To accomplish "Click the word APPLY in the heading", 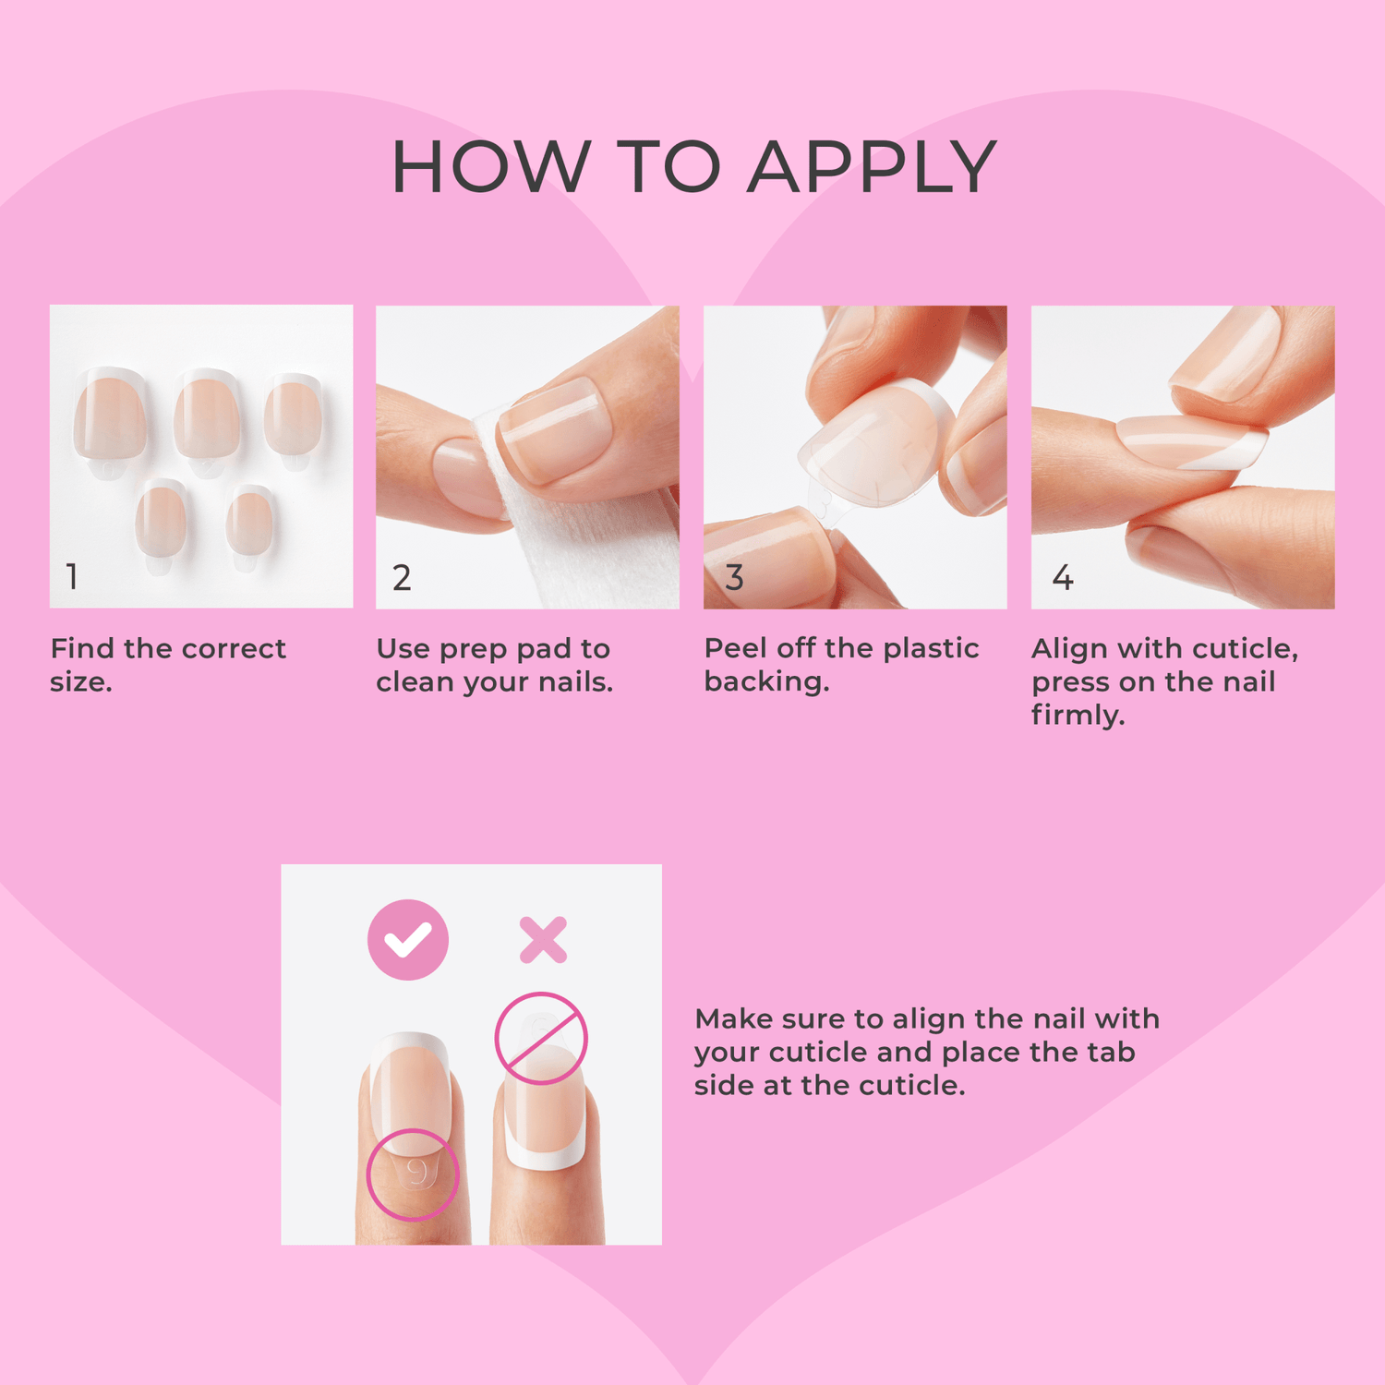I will coord(872,167).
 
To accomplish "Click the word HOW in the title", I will coord(489,167).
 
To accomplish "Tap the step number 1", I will coord(72,577).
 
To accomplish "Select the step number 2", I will coord(402,578).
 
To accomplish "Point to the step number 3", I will coord(734,578).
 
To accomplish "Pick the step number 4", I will coord(1063,578).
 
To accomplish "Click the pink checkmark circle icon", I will coord(408,939).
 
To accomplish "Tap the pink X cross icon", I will coord(543,940).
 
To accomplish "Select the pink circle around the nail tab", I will coord(413,1174).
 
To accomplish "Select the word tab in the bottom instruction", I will coord(1111,1052).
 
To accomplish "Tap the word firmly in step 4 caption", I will coord(1077,716).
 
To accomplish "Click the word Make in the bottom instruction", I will coord(733,1018).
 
